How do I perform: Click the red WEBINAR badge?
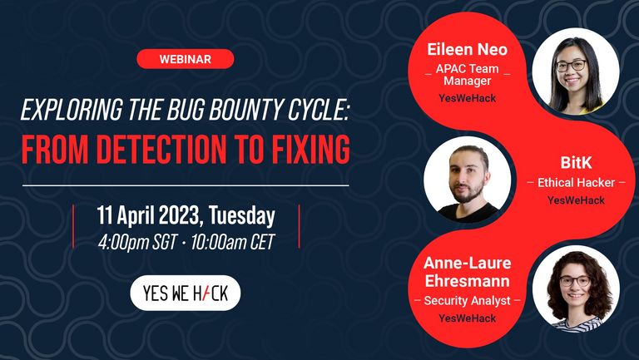click(x=186, y=59)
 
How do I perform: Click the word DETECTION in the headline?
click(x=161, y=149)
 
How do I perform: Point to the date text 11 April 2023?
click(x=150, y=216)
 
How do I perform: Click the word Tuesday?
click(x=242, y=215)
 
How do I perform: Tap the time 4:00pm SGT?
click(x=137, y=242)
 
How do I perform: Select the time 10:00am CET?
click(x=233, y=242)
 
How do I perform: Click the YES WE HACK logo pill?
click(x=186, y=293)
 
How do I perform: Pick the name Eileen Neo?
click(x=467, y=49)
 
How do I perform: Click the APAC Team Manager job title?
click(x=467, y=75)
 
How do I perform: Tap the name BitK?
click(x=576, y=162)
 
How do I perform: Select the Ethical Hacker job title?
click(x=576, y=182)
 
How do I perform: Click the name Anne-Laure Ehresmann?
click(x=467, y=272)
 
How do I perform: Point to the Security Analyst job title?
click(x=467, y=300)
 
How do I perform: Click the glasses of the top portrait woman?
click(x=571, y=66)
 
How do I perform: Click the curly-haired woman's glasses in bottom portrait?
click(x=575, y=281)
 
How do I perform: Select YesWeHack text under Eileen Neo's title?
click(x=467, y=98)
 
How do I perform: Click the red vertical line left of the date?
click(x=73, y=226)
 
